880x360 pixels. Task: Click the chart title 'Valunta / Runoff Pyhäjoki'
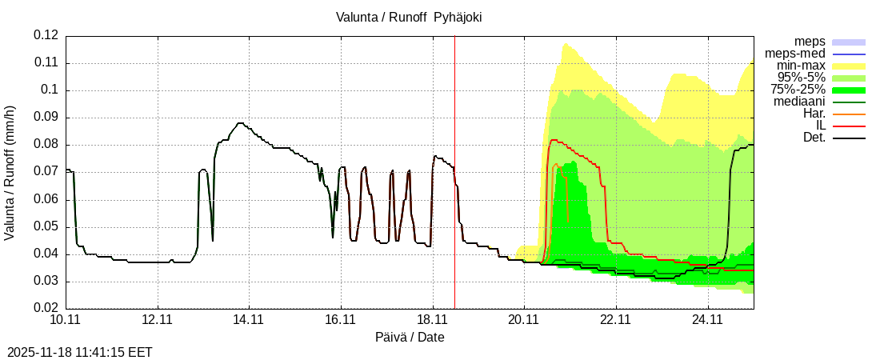[x=409, y=17]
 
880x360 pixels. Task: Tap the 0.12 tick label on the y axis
[x=46, y=35]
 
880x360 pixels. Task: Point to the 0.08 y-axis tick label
[x=46, y=145]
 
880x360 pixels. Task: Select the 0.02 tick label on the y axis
[x=46, y=309]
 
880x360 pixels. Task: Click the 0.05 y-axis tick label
[x=46, y=227]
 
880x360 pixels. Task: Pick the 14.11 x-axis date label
[x=250, y=320]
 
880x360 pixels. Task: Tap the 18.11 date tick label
[x=433, y=320]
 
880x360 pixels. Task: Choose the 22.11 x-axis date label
[x=616, y=320]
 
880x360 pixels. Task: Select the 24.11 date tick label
[x=708, y=320]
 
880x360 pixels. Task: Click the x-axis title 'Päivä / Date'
[x=410, y=337]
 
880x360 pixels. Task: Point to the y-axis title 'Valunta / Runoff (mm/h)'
[x=10, y=172]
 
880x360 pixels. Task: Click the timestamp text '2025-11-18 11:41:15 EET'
[x=79, y=352]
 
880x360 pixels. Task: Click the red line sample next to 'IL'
[x=849, y=126]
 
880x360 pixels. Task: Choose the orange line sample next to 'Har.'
[x=849, y=114]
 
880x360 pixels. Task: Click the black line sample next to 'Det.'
[x=849, y=138]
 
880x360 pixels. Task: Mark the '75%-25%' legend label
[x=798, y=90]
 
